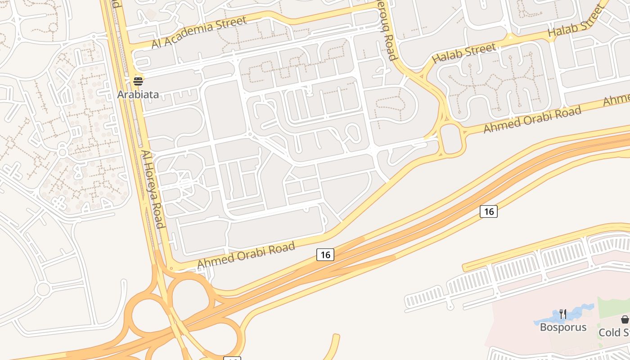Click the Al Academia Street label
pos(199,32)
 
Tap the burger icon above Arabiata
pos(138,81)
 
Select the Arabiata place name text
pos(138,94)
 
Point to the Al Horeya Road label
pos(152,189)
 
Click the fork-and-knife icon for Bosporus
pos(562,314)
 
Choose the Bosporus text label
pos(563,327)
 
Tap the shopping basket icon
pos(625,319)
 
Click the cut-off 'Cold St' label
pos(614,333)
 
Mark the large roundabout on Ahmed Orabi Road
pos(451,139)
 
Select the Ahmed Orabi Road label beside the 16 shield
pos(246,255)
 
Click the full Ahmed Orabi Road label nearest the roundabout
pos(532,119)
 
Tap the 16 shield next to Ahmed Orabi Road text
pos(325,255)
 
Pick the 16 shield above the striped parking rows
pos(488,211)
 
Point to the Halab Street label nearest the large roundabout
pos(463,53)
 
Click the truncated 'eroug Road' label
pos(390,30)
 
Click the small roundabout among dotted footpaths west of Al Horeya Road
pos(63,152)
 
